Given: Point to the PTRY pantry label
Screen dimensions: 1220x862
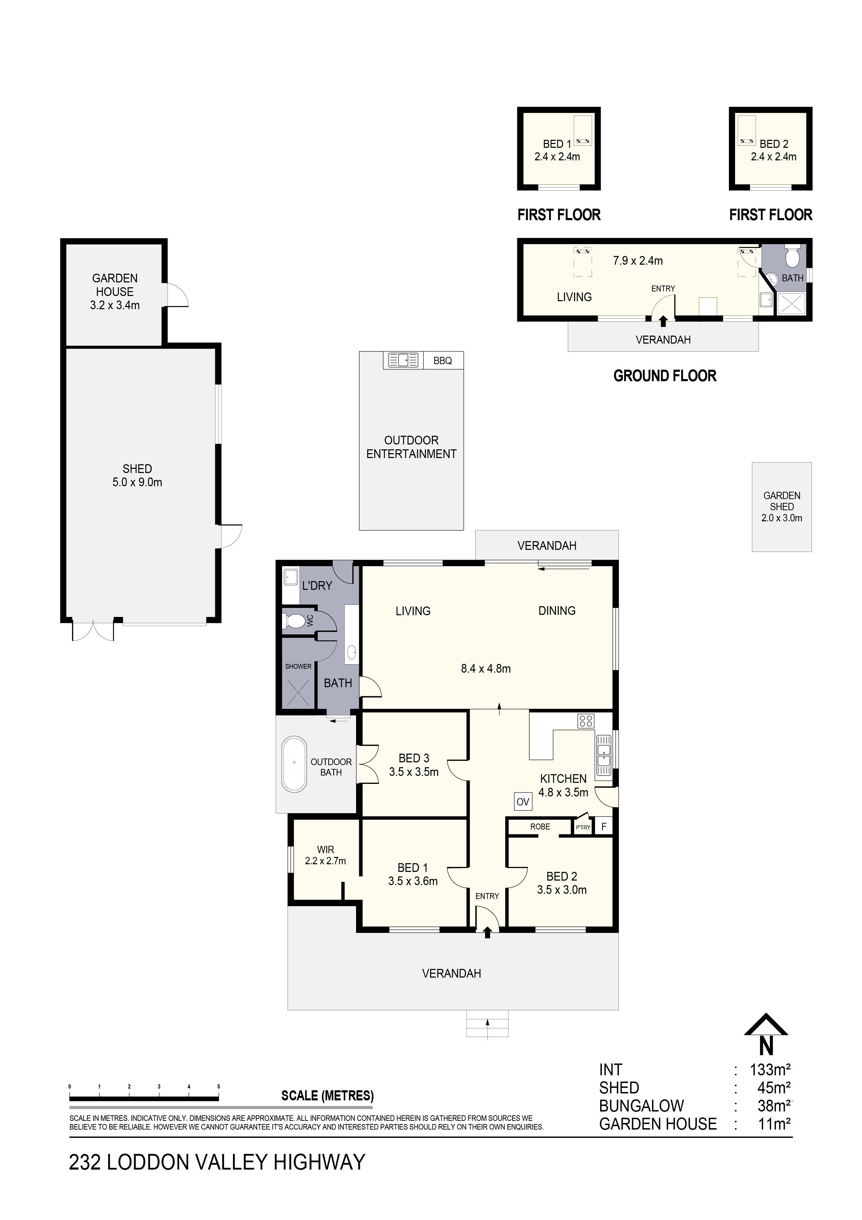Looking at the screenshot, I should pos(583,827).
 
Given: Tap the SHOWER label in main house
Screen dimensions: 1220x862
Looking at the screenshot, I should pos(298,666).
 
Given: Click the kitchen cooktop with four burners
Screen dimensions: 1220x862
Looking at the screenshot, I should pos(586,721).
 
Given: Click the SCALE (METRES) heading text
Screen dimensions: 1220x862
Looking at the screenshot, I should pos(327,1095).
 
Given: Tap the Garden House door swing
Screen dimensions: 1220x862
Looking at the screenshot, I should pos(177,295).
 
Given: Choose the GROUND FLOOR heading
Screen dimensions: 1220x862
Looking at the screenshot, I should pos(664,376).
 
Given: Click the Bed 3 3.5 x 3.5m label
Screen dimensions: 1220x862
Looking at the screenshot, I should pos(414,765).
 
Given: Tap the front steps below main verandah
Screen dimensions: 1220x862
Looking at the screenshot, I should pos(487,1023).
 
